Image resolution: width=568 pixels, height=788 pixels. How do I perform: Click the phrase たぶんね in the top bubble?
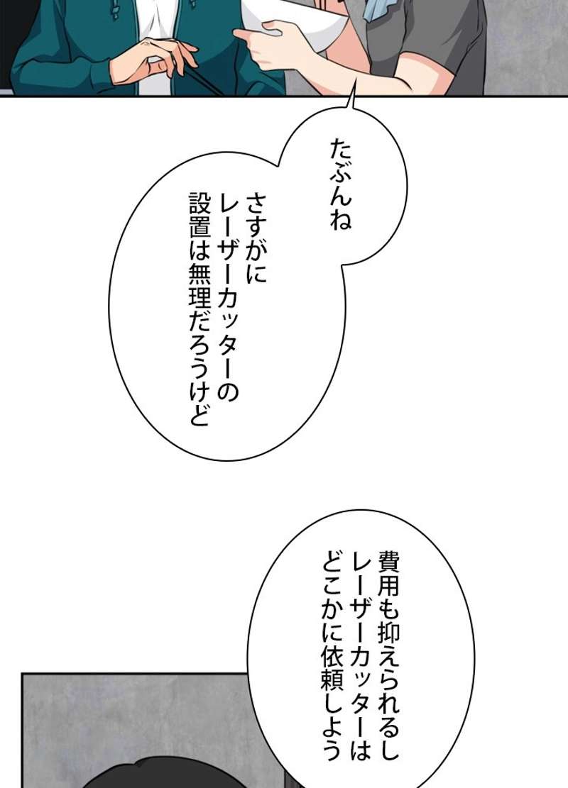(x=341, y=184)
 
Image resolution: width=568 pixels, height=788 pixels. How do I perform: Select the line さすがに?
(x=256, y=239)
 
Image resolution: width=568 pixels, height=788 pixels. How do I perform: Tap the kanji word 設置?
(x=199, y=215)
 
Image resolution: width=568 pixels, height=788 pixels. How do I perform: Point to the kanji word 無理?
(x=199, y=285)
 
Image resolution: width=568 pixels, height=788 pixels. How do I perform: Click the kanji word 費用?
(x=388, y=572)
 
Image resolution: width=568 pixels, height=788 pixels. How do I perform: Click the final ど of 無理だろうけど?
(x=199, y=416)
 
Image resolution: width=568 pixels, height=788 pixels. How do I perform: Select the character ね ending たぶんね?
(x=341, y=220)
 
